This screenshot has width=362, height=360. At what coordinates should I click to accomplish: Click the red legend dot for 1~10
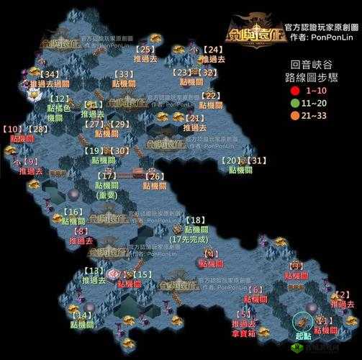click(294, 91)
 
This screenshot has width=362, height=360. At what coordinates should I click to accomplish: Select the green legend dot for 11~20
click(294, 104)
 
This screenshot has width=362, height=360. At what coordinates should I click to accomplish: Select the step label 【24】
click(212, 49)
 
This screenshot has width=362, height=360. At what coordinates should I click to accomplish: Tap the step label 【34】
click(50, 73)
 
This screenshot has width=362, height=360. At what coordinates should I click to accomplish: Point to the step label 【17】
click(108, 175)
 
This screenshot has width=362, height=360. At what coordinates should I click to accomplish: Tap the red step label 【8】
click(81, 230)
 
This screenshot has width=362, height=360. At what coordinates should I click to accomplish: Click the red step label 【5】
click(245, 313)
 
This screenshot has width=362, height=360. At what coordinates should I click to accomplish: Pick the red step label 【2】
click(343, 294)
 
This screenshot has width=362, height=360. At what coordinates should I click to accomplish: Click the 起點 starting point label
click(303, 336)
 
